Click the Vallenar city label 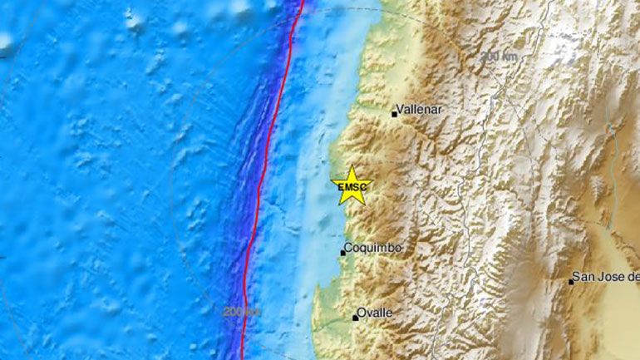(x=418, y=109)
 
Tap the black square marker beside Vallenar (x=395, y=114)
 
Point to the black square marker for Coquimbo (x=342, y=252)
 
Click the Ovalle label (x=376, y=313)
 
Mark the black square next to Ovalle (x=356, y=318)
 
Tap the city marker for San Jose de (x=571, y=281)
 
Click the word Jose (x=613, y=277)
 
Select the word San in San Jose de (x=588, y=277)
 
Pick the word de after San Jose (x=633, y=277)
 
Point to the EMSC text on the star (x=350, y=188)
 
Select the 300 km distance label (x=498, y=56)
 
